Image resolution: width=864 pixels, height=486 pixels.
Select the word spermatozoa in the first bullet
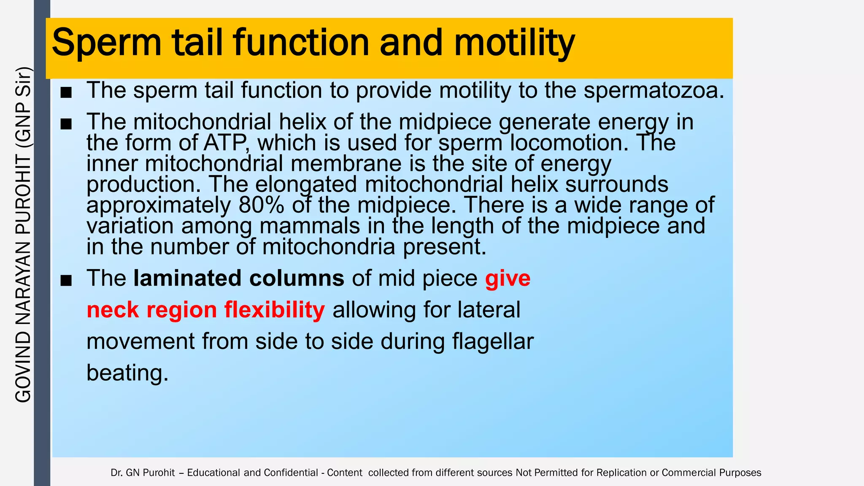tap(653, 90)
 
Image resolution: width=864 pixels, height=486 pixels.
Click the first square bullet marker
tap(66, 92)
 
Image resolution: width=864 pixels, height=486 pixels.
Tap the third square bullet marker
tap(66, 280)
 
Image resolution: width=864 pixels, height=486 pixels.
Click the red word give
tap(508, 278)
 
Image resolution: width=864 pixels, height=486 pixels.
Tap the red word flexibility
tap(274, 310)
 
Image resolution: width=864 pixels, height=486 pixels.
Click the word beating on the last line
tap(127, 373)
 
